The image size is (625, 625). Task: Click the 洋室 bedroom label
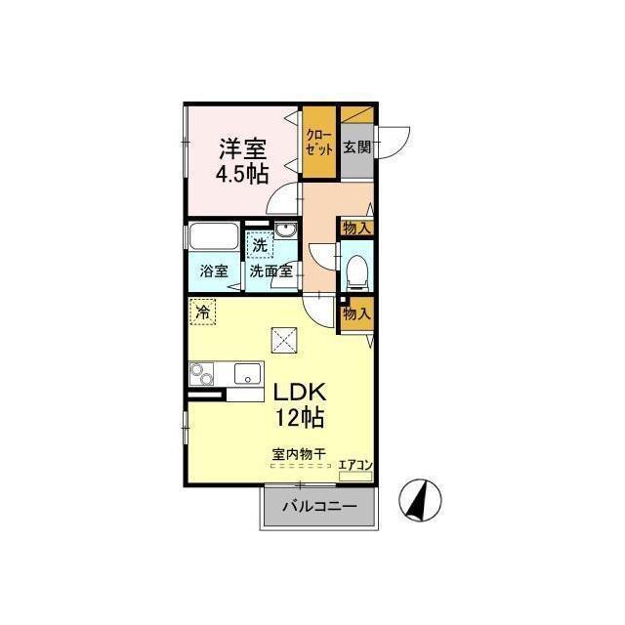(x=243, y=149)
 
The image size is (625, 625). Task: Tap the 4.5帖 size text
(x=242, y=174)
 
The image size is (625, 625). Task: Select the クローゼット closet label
(x=318, y=143)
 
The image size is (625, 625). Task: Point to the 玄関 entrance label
(x=357, y=147)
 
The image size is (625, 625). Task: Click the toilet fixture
(x=356, y=272)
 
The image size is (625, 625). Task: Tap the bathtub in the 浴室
(x=214, y=236)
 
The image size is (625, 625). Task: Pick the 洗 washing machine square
(x=260, y=245)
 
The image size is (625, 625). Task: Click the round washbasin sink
(x=285, y=230)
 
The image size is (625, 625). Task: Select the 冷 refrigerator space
(x=203, y=312)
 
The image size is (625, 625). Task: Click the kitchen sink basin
(x=247, y=373)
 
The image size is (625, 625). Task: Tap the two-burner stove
(x=201, y=373)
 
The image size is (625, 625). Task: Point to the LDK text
(x=300, y=393)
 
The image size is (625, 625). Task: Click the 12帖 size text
(x=300, y=417)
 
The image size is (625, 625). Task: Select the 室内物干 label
(x=300, y=454)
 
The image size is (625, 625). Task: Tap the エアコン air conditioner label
(x=355, y=465)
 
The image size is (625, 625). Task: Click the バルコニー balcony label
(x=319, y=507)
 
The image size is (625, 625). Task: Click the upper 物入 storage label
(x=357, y=229)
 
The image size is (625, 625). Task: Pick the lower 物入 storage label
(x=357, y=314)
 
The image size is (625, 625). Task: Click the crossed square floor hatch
(x=284, y=340)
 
